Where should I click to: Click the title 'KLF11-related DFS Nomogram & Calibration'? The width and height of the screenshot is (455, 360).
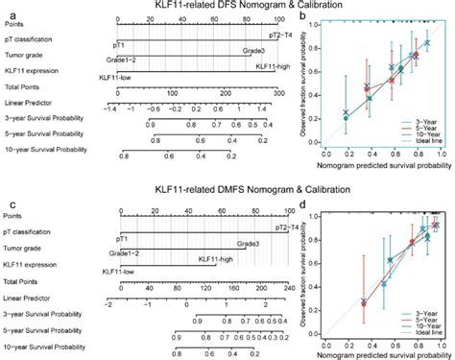pyautogui.click(x=227, y=6)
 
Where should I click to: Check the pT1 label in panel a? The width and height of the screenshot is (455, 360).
pyautogui.click(x=118, y=44)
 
